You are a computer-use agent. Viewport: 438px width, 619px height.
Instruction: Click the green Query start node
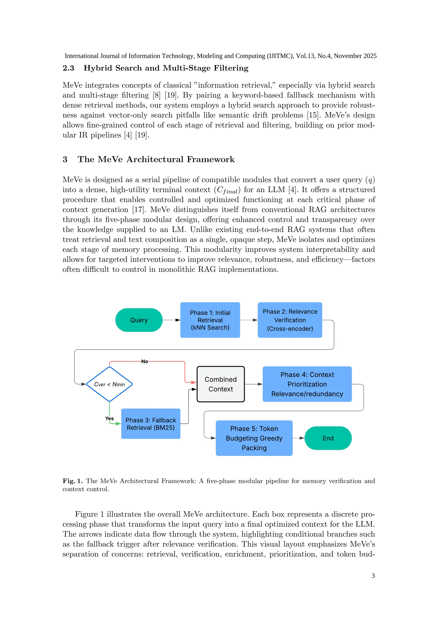tap(139, 320)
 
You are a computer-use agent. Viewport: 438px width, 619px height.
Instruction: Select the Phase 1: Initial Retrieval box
tap(210, 320)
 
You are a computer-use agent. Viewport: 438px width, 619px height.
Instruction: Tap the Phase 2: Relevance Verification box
tap(290, 320)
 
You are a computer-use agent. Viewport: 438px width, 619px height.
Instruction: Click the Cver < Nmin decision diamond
tap(109, 384)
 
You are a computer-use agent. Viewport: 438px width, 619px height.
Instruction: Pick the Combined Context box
tap(221, 384)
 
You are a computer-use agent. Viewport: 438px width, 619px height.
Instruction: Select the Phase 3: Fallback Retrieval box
tap(151, 424)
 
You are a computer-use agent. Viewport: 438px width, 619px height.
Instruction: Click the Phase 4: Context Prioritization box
tap(307, 384)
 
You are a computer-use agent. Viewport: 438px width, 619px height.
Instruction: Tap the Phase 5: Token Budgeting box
tap(254, 438)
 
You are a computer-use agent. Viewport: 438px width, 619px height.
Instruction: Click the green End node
tap(328, 438)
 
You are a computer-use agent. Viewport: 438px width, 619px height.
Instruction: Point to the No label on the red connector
tap(145, 361)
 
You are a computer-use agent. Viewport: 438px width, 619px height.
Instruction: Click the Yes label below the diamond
tap(109, 419)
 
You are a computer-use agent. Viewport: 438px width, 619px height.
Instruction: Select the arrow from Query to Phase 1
tap(172, 320)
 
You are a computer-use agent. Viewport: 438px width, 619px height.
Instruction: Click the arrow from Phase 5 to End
tap(299, 438)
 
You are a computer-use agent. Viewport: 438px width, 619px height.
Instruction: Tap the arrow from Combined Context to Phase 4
tap(253, 384)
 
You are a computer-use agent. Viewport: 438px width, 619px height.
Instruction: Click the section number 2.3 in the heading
tap(68, 68)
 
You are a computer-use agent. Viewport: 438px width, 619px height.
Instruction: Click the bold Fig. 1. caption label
tap(73, 481)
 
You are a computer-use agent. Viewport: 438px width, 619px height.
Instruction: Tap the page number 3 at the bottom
tap(373, 576)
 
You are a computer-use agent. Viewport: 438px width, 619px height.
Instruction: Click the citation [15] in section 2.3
tap(313, 115)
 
